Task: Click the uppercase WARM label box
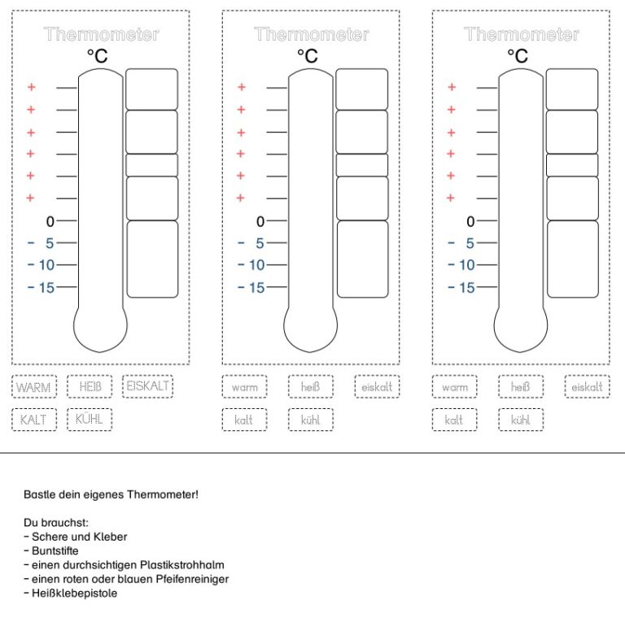click(34, 387)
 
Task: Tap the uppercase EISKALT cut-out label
click(147, 385)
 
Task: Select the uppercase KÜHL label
click(90, 419)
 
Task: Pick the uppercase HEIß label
click(90, 386)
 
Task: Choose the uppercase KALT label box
click(34, 420)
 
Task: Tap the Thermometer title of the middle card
click(311, 34)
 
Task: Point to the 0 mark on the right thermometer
click(470, 221)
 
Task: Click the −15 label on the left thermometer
click(42, 287)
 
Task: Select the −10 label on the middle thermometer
click(251, 265)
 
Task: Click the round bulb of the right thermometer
click(521, 329)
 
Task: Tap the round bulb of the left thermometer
click(100, 329)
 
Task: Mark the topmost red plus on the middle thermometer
click(241, 87)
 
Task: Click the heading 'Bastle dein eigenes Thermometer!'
click(111, 494)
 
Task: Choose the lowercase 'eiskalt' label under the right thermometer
click(586, 387)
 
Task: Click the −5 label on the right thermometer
click(463, 243)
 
